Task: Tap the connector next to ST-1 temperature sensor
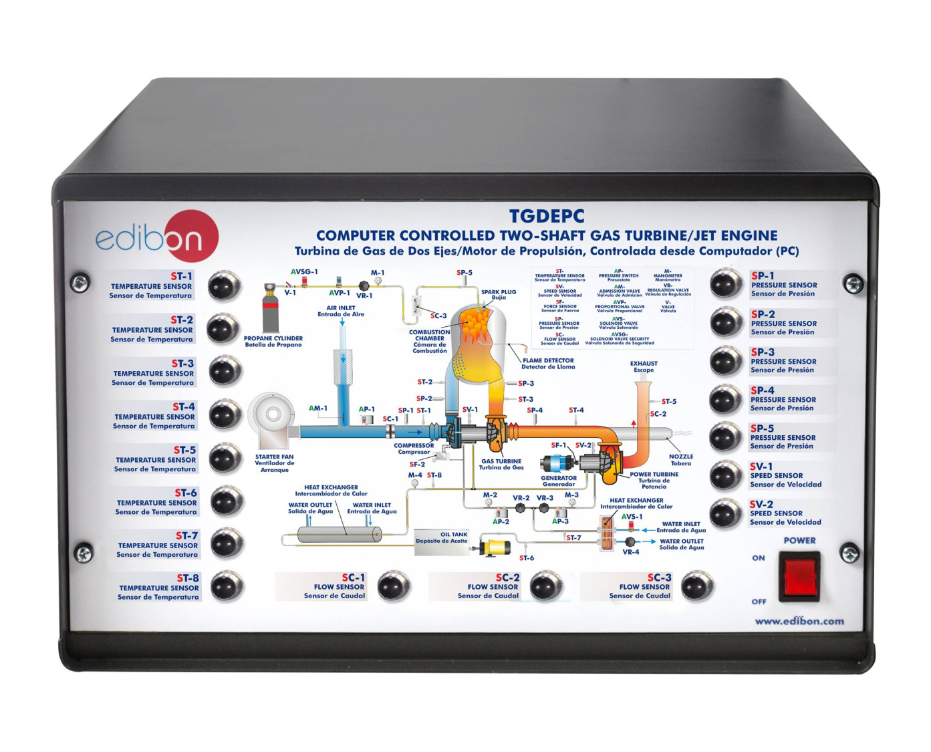pos(225,285)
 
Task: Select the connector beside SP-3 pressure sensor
pos(725,361)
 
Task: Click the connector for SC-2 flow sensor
pos(546,586)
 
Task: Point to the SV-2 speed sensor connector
pos(724,513)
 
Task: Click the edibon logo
pos(157,236)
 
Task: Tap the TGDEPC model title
pos(546,217)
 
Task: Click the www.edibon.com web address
pos(799,621)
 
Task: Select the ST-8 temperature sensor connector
pos(227,586)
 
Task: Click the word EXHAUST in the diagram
pos(644,364)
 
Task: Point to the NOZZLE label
pos(681,457)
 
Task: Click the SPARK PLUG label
pos(499,292)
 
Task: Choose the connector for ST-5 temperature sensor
pos(225,458)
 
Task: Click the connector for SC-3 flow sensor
pos(697,586)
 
